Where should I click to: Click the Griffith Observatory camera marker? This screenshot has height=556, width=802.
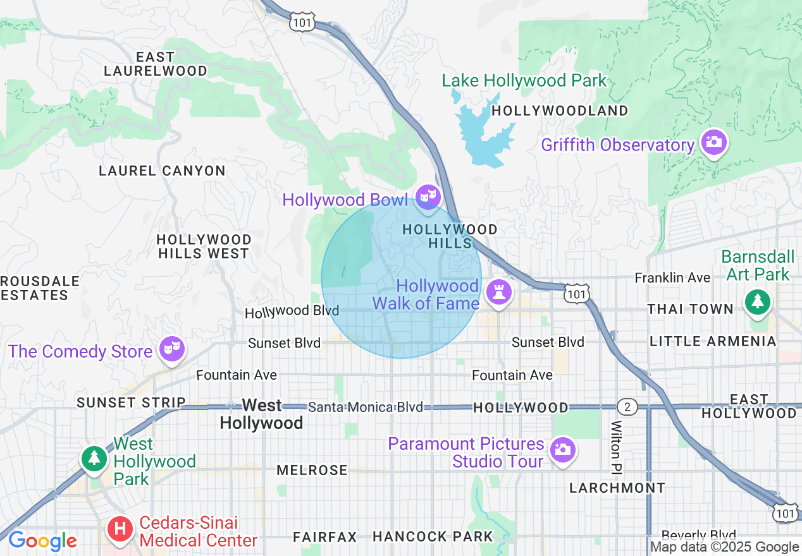point(713,142)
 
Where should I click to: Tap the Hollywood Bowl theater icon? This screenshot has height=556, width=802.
point(428,196)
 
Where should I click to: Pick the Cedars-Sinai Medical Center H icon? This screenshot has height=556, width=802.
point(120,529)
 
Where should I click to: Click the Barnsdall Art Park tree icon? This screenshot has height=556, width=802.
point(757,301)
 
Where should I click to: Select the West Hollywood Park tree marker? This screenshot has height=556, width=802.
point(94,457)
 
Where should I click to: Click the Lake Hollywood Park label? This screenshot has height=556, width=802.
point(524,81)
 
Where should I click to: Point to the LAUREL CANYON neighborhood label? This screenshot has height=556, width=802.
point(162,171)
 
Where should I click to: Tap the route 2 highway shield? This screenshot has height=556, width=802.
point(626,406)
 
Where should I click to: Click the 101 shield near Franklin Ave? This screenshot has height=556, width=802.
point(578,294)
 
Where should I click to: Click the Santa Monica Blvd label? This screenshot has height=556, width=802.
point(365,407)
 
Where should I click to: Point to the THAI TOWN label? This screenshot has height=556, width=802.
point(690,309)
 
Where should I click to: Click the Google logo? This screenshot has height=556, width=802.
point(42,541)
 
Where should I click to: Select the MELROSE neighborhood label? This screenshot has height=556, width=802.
point(312,470)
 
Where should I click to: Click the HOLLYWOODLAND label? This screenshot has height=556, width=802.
point(560,111)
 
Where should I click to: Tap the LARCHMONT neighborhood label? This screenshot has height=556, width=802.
point(617,488)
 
